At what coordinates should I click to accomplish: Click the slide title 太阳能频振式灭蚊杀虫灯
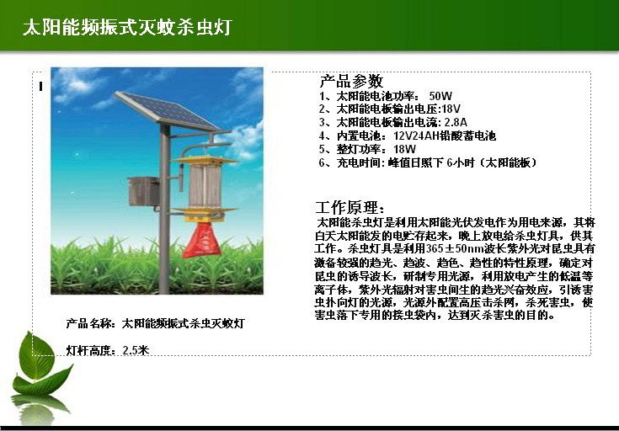click(127, 27)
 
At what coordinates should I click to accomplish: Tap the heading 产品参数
click(351, 81)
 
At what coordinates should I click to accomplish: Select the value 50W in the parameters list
click(440, 96)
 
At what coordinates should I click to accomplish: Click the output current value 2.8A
click(456, 122)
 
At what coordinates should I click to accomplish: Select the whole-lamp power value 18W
click(404, 149)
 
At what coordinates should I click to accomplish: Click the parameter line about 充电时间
click(429, 162)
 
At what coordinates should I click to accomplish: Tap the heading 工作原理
click(350, 207)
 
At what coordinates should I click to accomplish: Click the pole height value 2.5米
click(136, 350)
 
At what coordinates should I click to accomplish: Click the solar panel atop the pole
click(167, 110)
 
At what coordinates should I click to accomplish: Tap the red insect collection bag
click(202, 240)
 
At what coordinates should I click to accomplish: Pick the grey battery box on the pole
click(144, 191)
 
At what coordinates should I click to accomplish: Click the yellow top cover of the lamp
click(205, 160)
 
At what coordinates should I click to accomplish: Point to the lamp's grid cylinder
click(205, 186)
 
